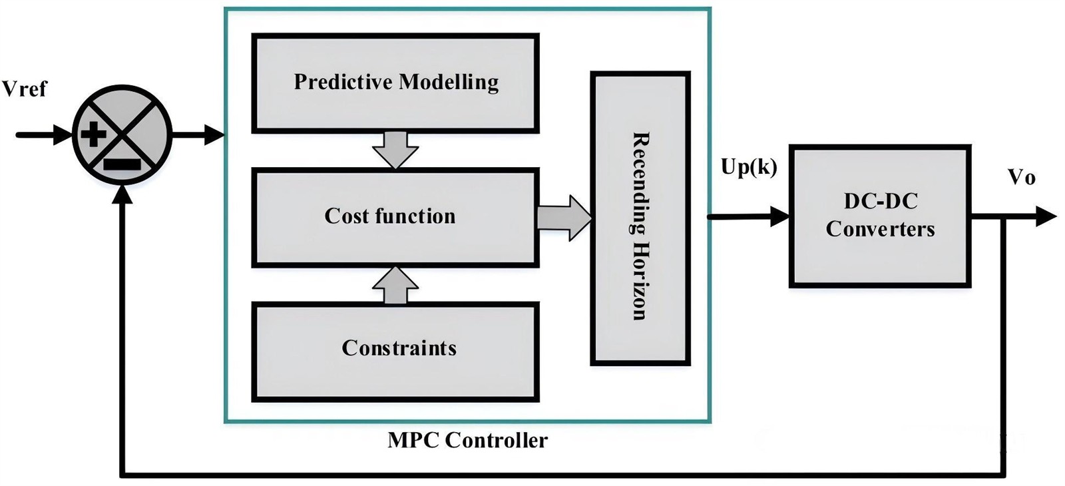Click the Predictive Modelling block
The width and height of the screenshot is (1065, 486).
coord(395,83)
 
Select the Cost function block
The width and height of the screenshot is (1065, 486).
coord(395,217)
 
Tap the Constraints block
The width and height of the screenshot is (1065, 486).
coord(395,351)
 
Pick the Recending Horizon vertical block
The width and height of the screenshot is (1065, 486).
coord(640,218)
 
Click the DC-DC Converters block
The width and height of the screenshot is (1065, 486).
coord(880,216)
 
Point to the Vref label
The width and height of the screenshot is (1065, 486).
coord(25,89)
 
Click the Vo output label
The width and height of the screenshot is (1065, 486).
coord(1021,178)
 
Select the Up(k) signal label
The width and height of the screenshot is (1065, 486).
coord(749,166)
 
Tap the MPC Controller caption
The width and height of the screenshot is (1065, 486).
coord(467,440)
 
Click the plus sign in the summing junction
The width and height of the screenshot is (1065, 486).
coord(93,135)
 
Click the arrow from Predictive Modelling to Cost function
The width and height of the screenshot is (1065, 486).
coord(395,150)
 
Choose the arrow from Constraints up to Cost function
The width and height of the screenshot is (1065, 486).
coord(395,285)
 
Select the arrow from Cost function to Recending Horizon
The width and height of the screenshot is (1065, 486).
coord(564,217)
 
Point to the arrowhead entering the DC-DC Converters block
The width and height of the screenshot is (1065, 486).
coord(780,216)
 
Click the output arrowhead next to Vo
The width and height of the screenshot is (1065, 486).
coord(1046,216)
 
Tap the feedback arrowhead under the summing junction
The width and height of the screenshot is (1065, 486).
coord(122,193)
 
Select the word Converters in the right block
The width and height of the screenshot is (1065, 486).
coord(880,230)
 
